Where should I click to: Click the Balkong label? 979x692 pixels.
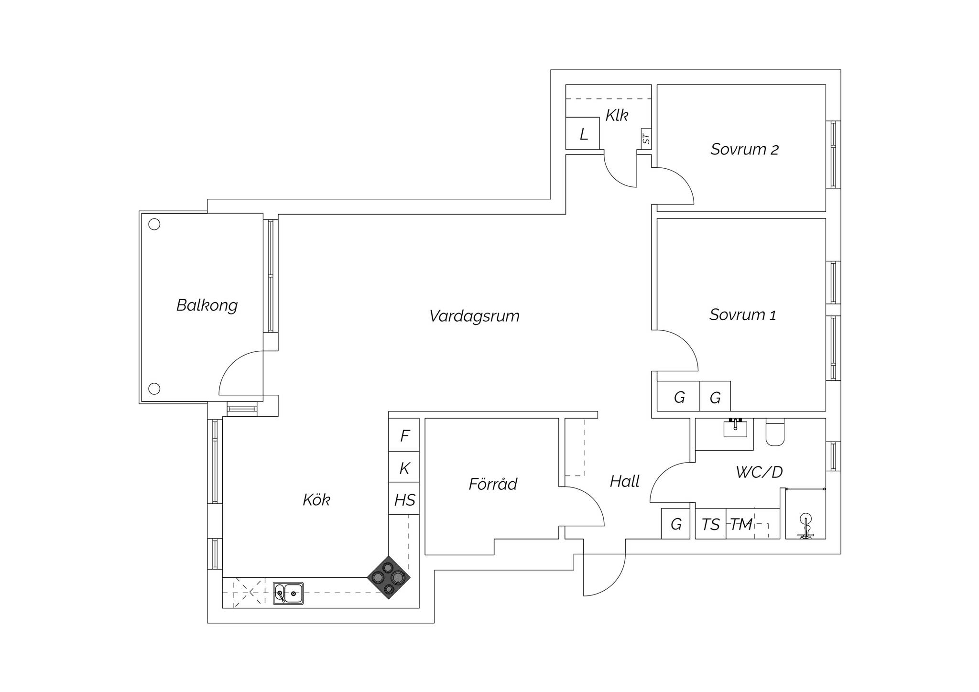[x=207, y=305]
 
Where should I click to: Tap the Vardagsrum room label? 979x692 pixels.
[x=474, y=316]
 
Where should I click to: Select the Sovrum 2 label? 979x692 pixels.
[x=744, y=149]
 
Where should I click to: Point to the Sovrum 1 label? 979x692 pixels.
[x=742, y=314]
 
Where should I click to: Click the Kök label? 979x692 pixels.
[x=316, y=500]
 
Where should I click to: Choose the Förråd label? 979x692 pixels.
[x=493, y=484]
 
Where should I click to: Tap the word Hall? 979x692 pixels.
[x=624, y=481]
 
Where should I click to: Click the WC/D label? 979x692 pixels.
[x=759, y=472]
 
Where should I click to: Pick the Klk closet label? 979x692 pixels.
[x=617, y=115]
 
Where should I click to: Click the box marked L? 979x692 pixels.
[x=583, y=133]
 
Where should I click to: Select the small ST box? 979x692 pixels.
[x=646, y=139]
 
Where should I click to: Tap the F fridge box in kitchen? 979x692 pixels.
[x=404, y=435]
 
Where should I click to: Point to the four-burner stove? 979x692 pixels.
[x=389, y=577]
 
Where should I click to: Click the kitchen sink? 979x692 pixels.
[x=288, y=593]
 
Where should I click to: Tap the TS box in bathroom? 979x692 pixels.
[x=710, y=524]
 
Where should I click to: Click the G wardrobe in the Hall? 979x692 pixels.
[x=675, y=524]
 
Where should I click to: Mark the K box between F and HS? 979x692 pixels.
[x=404, y=467]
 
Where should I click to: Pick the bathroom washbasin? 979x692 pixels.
[x=735, y=428]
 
